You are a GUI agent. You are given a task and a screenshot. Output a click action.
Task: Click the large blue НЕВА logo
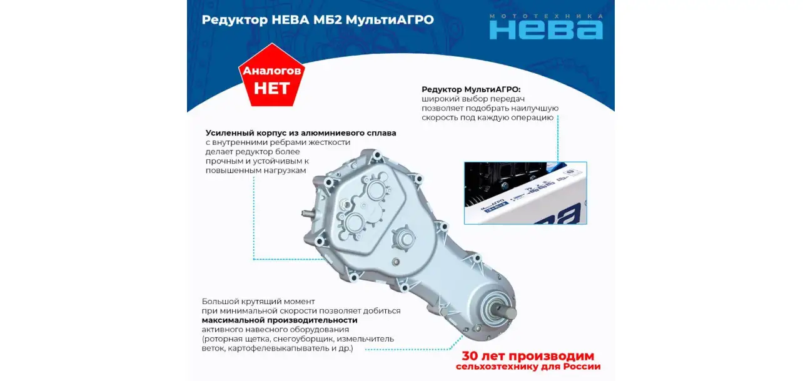point(546,30)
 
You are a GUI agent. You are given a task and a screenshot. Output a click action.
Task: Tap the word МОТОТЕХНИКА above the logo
point(546,16)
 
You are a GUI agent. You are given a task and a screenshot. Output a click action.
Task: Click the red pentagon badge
point(271,75)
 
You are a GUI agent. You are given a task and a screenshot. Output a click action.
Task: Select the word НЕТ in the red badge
point(271,88)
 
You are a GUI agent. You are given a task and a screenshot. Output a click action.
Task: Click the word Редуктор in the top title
point(235,20)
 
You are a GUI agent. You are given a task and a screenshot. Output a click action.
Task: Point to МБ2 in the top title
point(327,20)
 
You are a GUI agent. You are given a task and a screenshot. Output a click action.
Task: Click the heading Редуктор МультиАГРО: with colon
point(471,89)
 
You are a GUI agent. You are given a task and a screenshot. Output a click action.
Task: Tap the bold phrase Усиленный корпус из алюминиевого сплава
point(301,133)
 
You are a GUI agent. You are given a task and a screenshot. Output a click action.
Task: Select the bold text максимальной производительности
point(280,320)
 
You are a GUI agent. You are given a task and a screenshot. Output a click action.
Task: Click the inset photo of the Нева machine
point(525,194)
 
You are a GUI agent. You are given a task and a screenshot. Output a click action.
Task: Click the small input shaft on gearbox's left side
point(308,214)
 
